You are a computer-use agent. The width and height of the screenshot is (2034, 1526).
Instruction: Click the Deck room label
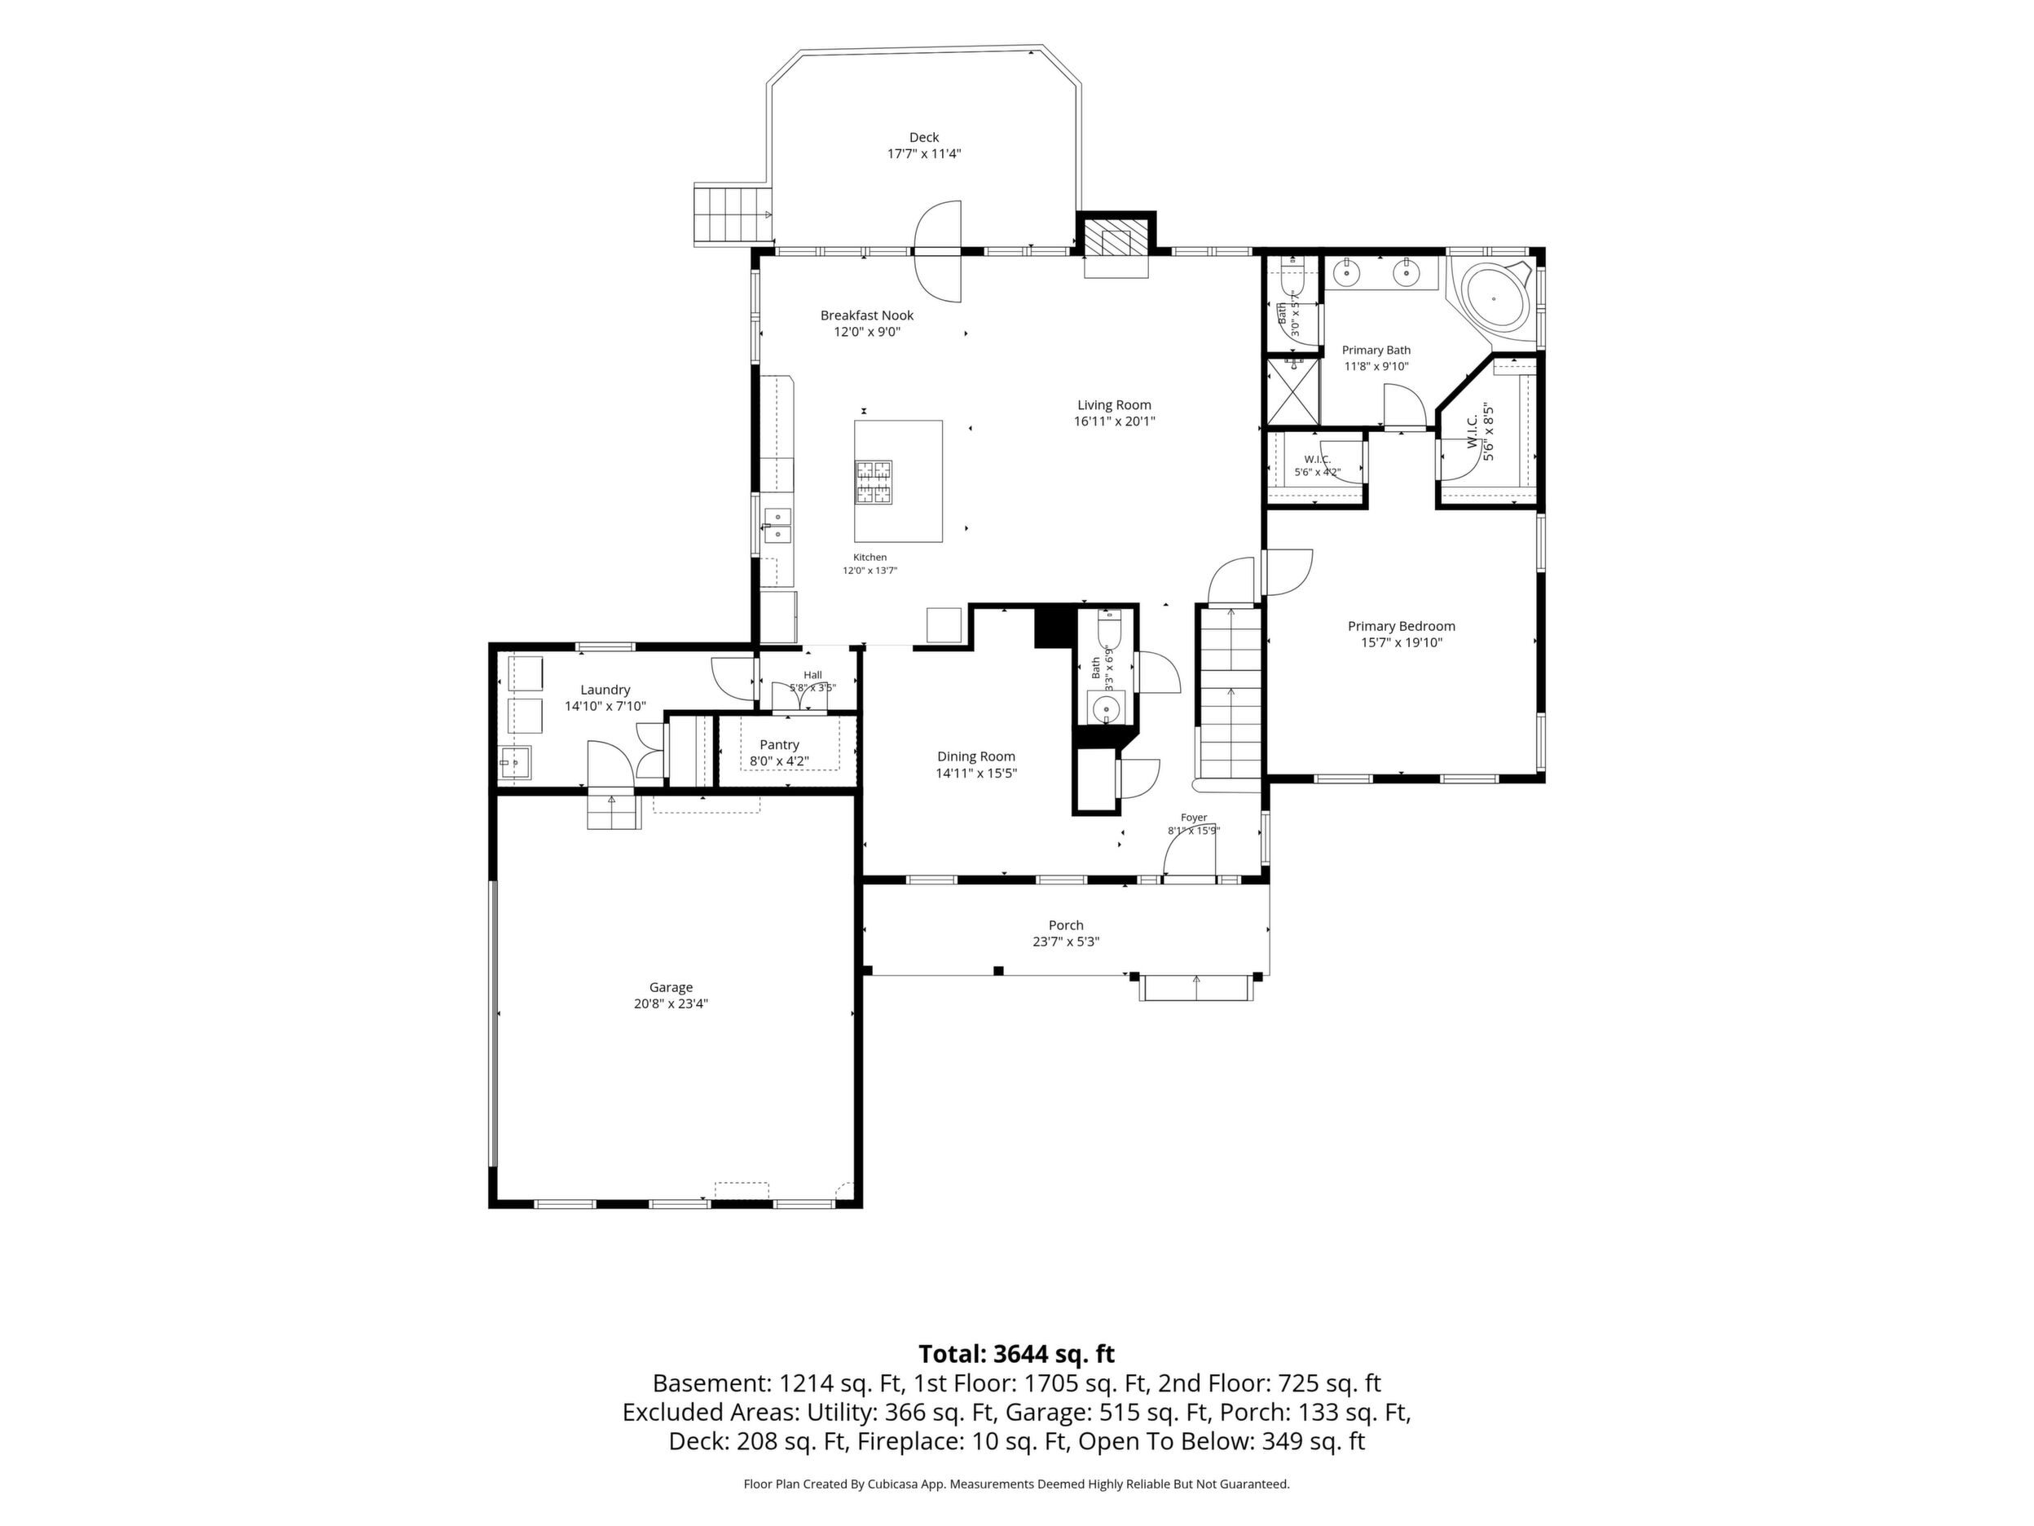[x=924, y=138]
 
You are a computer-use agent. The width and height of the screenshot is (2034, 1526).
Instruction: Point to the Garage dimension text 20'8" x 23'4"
[x=671, y=1003]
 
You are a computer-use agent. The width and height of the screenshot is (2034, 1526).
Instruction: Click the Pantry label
[x=780, y=744]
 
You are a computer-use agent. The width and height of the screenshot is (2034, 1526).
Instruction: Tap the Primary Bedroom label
[x=1402, y=626]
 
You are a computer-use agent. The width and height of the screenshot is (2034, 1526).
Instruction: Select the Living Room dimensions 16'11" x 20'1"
[x=1115, y=421]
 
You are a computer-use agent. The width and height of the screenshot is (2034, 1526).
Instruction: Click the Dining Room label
[x=976, y=756]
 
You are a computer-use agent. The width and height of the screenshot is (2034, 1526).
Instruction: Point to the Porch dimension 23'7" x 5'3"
[x=1067, y=942]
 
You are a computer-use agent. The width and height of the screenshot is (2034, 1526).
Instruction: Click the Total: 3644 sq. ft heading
[x=1017, y=1354]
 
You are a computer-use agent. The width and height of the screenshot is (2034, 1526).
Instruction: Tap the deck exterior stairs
[x=732, y=214]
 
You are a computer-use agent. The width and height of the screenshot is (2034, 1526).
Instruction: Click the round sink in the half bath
[x=1104, y=709]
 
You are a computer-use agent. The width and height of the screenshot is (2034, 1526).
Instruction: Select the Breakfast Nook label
[x=867, y=315]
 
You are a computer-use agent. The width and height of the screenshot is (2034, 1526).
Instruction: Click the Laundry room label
[x=605, y=690]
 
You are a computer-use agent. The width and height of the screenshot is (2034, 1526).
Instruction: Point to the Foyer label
[x=1194, y=817]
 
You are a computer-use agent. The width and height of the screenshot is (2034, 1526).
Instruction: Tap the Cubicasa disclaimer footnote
[x=1017, y=1484]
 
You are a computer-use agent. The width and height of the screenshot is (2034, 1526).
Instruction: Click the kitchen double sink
[x=778, y=524]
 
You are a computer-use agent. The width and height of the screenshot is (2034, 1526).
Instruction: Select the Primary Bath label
[x=1376, y=351]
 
